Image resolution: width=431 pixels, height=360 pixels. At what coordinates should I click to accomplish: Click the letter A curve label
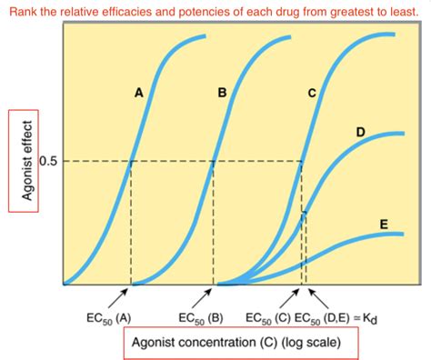138,93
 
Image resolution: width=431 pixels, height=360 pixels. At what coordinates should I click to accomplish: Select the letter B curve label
222,93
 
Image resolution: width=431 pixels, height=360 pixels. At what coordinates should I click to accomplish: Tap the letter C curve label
311,93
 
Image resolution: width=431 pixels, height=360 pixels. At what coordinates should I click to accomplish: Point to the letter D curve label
360,133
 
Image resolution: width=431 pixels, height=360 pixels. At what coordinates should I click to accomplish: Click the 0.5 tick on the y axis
48,162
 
